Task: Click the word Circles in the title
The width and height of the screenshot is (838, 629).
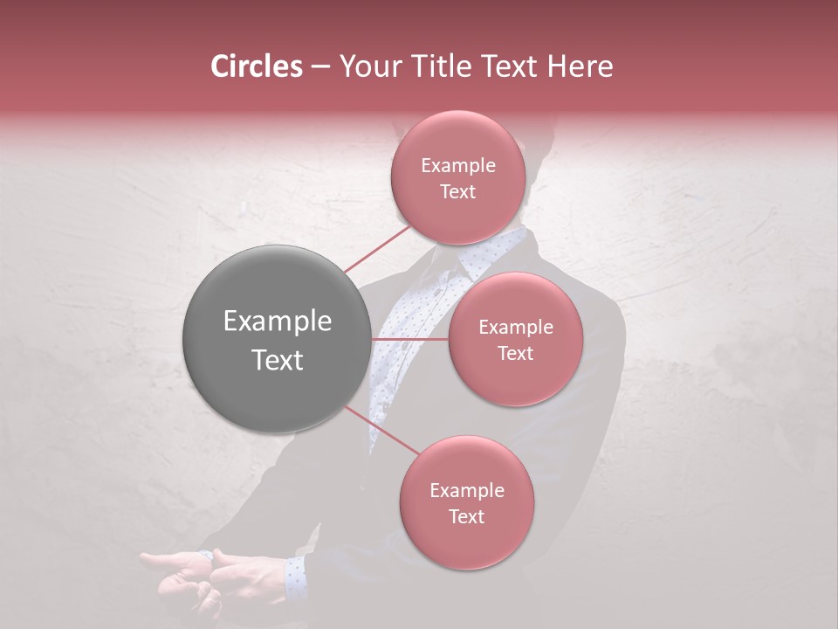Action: click(x=257, y=66)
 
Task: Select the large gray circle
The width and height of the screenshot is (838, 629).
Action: click(x=277, y=339)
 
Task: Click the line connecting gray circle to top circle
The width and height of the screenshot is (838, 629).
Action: click(x=377, y=248)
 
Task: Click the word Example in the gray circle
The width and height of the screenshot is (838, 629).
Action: click(x=277, y=321)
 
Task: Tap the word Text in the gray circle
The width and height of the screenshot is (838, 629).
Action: click(x=277, y=360)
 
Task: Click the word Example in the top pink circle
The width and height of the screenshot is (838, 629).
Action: click(x=457, y=165)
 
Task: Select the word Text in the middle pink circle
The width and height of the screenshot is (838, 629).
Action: click(x=515, y=353)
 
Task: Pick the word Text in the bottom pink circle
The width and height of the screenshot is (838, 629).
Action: click(x=466, y=516)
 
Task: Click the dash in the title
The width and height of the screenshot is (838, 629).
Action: click(x=319, y=66)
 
